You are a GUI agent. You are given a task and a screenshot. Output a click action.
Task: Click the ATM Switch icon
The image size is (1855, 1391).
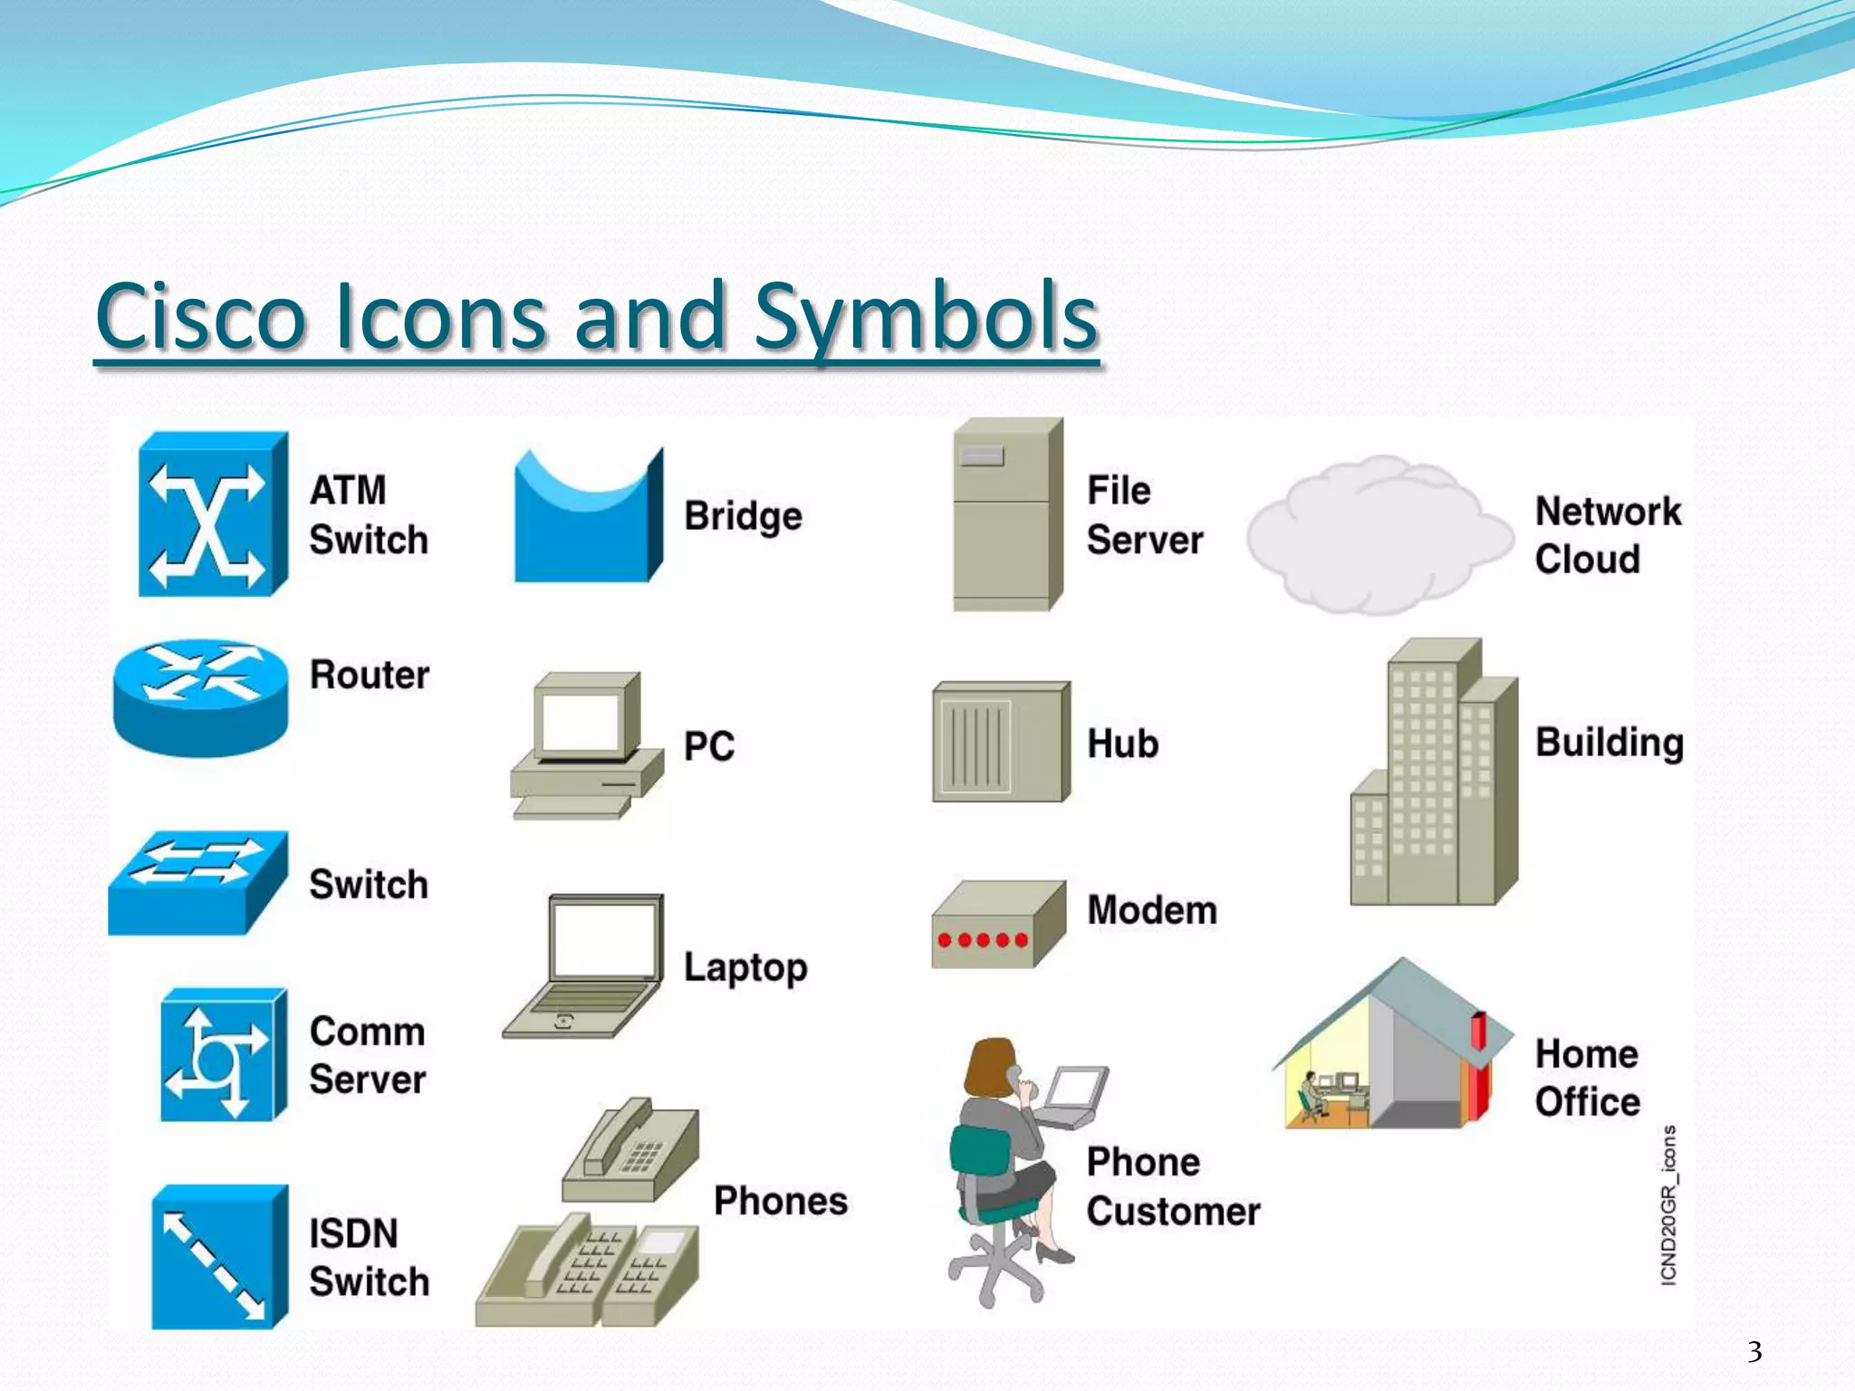pos(211,514)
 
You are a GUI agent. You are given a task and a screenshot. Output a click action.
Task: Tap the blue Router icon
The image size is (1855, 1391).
pos(200,697)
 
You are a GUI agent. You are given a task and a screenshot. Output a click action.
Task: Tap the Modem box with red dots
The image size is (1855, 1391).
pos(996,926)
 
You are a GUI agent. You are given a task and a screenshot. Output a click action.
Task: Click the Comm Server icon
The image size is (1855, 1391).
pos(221,1056)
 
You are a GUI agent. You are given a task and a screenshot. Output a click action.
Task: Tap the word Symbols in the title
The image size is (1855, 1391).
pos(926,317)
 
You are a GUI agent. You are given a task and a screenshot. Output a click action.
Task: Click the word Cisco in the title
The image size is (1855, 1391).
pos(201,317)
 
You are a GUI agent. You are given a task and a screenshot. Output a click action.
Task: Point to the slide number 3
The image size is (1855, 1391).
pos(1754,1352)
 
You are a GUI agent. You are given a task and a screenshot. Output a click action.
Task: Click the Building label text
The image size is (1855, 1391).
pos(1609,743)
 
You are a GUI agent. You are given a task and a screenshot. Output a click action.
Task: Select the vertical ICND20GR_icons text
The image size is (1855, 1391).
pos(1668,1204)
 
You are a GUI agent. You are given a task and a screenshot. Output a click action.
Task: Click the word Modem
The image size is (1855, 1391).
pos(1151,910)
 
